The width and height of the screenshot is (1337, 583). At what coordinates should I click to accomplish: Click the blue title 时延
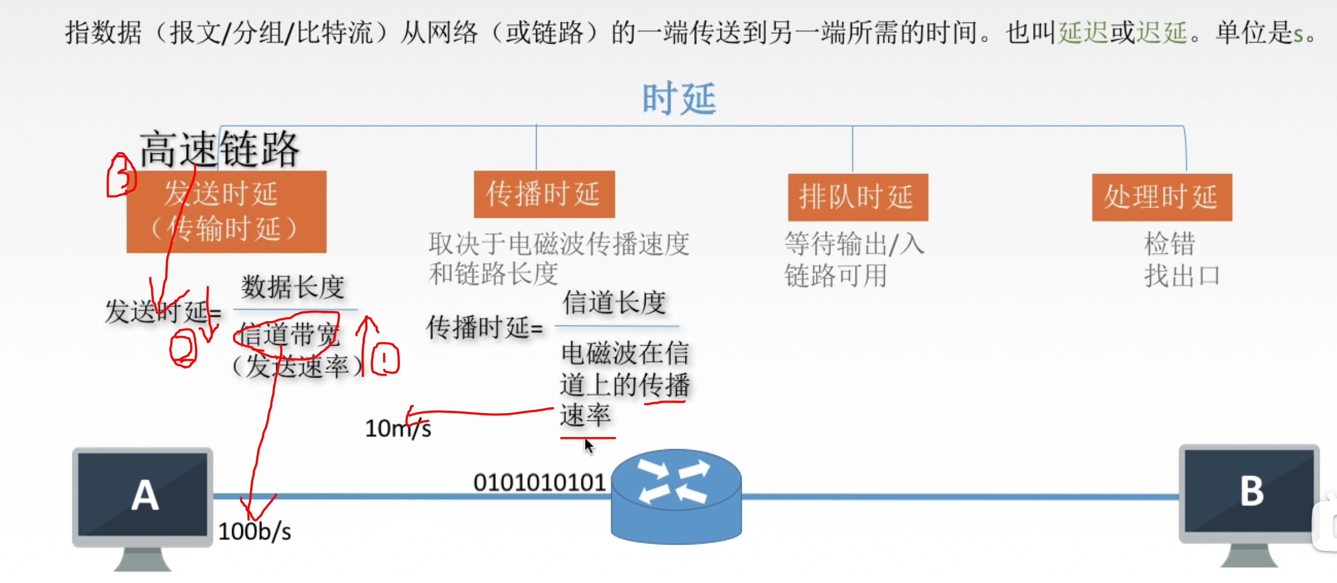pos(679,99)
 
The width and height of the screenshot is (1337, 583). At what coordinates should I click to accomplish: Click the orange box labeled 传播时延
pos(544,194)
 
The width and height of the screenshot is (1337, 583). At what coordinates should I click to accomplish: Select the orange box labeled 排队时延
pos(857,197)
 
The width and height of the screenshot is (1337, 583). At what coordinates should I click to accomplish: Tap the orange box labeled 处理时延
pos(1161,197)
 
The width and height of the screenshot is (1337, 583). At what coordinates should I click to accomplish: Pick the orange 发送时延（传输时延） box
pos(226,211)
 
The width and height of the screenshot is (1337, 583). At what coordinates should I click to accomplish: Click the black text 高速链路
pos(219,149)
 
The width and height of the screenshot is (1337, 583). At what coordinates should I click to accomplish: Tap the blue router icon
pos(676,496)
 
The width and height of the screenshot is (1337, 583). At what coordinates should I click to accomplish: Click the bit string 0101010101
pos(539,483)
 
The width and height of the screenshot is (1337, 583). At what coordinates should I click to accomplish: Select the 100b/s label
pos(255,532)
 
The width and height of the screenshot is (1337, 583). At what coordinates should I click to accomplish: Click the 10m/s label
pos(398,428)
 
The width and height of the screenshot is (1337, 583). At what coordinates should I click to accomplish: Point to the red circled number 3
pos(121,175)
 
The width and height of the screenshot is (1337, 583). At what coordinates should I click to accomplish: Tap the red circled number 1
pos(385,358)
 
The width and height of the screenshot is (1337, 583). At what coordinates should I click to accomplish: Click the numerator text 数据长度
pos(292,287)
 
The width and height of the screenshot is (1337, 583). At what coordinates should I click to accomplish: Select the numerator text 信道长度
pos(614,303)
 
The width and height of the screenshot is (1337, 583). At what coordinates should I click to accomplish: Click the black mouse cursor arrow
pos(588,445)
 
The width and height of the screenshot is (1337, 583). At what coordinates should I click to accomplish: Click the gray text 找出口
pos(1181,276)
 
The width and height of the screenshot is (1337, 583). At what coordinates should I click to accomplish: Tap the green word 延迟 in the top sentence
pos(1083,33)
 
